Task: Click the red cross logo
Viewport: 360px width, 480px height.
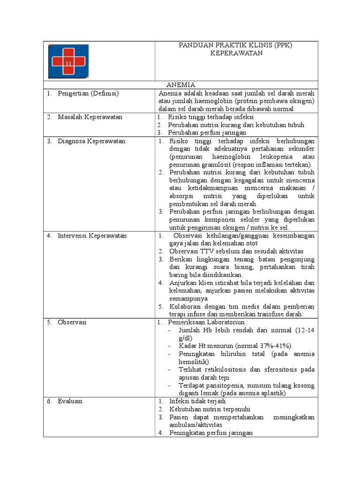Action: pos(68,61)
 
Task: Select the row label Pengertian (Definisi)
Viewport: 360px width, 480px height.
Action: pos(88,93)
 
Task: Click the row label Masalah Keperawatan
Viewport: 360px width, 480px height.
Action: pos(90,117)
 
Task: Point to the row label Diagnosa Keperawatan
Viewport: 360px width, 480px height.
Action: pos(91,141)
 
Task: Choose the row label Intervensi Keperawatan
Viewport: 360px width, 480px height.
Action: pos(92,235)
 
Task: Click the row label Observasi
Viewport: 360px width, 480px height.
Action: pos(72,322)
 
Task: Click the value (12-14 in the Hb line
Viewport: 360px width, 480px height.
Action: pos(303,330)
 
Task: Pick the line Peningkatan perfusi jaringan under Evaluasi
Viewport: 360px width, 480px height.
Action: pos(211,433)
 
